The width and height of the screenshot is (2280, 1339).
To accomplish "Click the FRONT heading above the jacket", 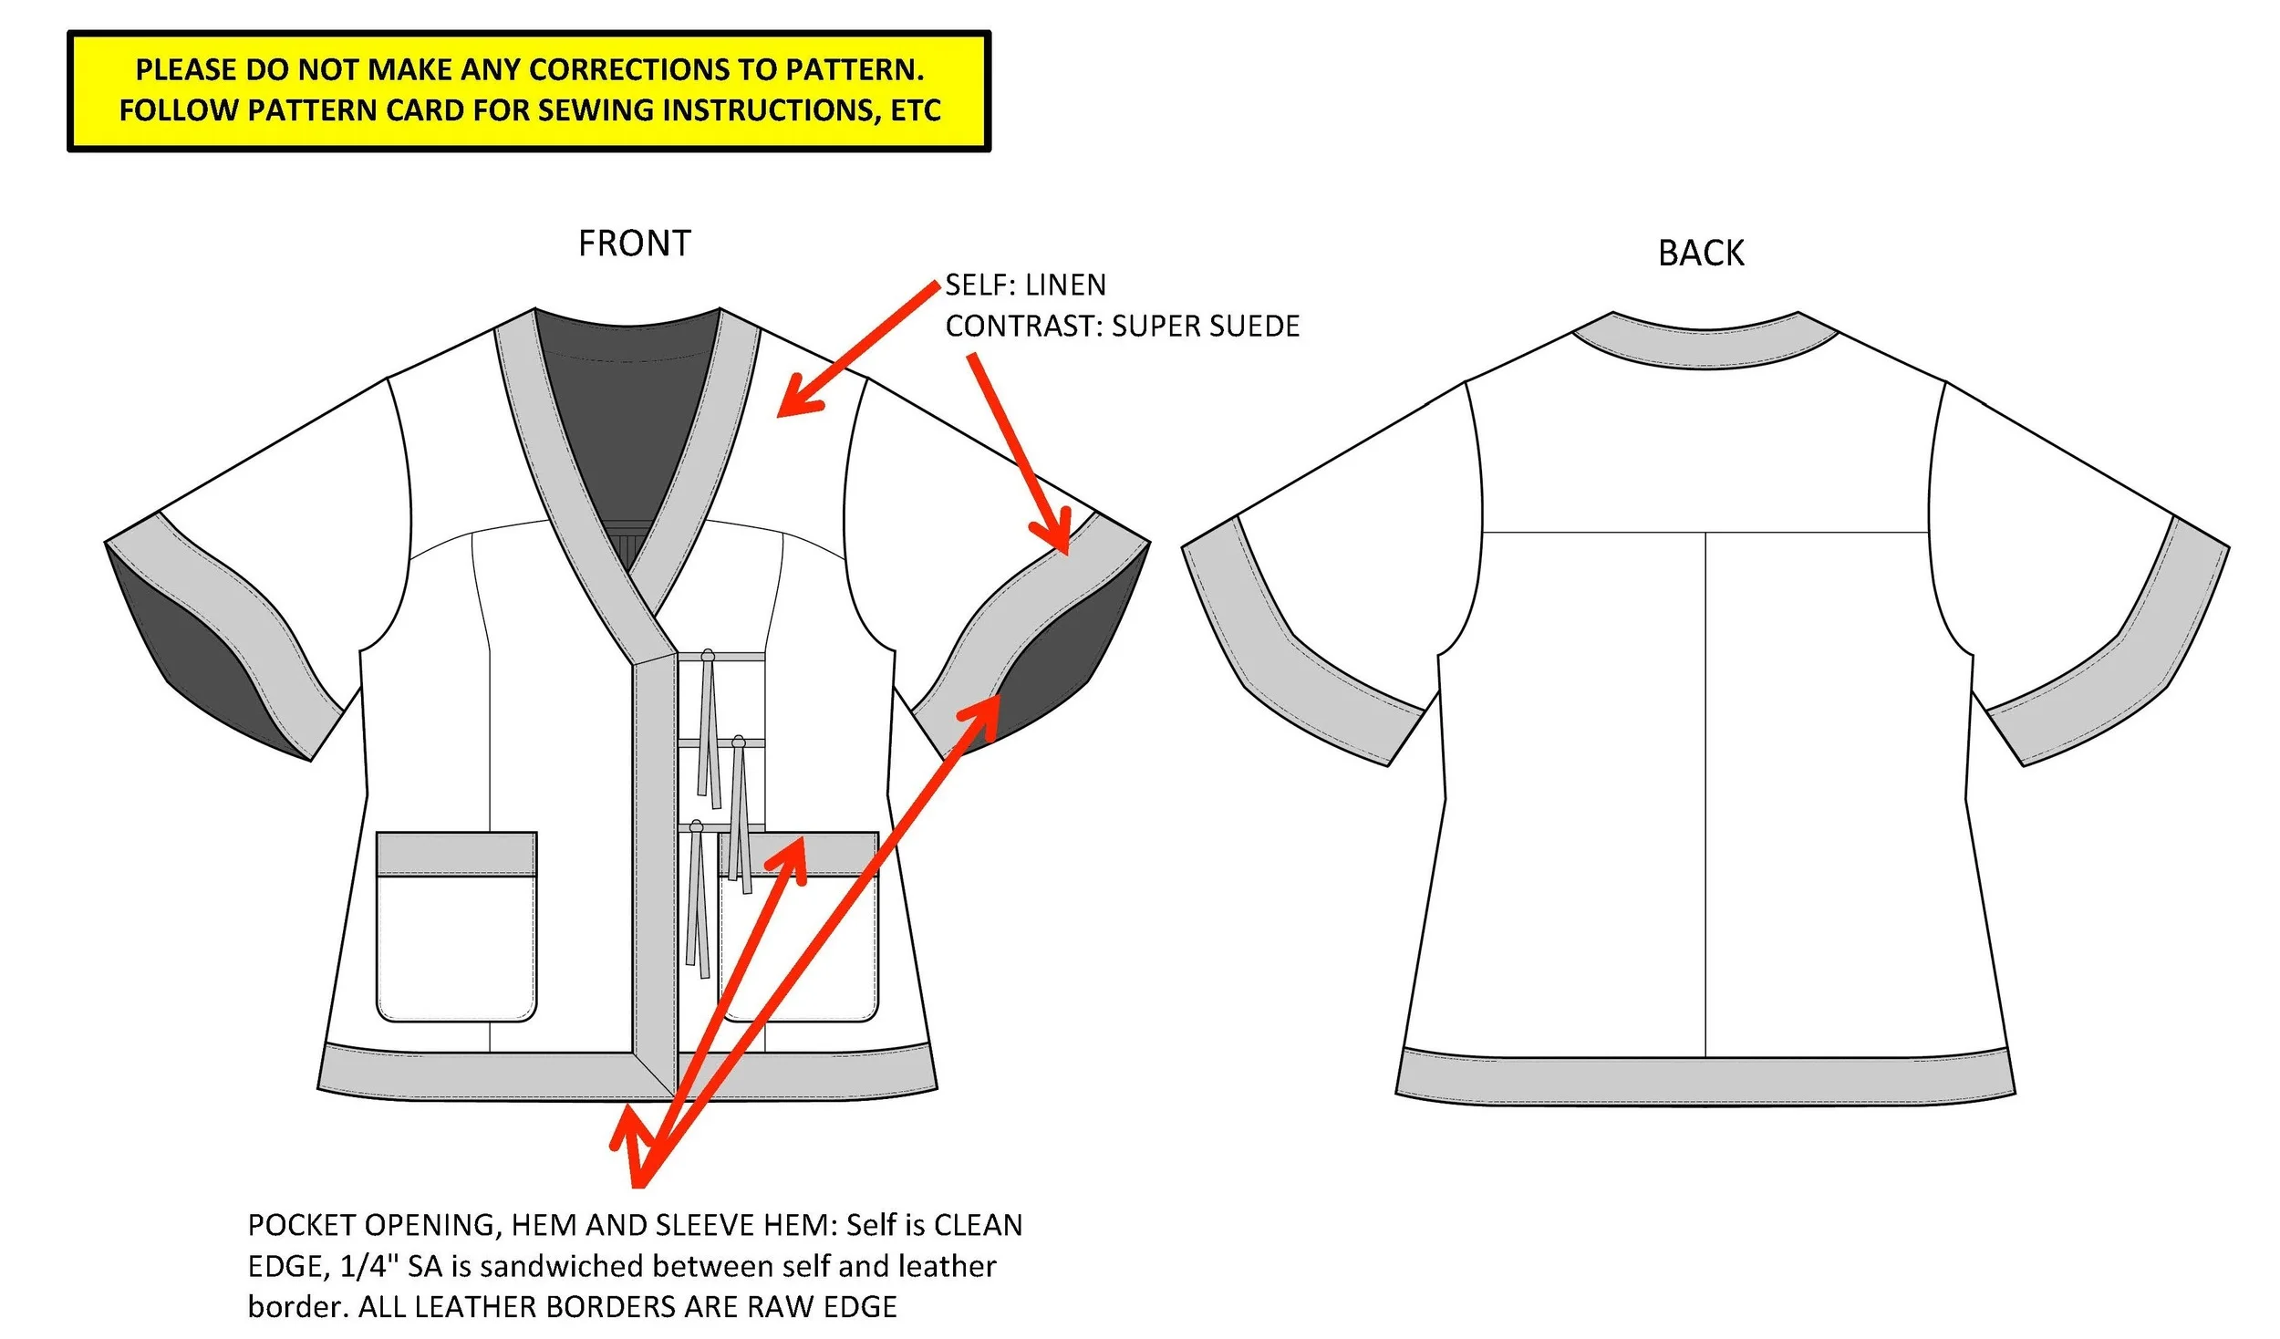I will (x=635, y=244).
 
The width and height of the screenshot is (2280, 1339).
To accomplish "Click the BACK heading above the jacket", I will (x=1700, y=253).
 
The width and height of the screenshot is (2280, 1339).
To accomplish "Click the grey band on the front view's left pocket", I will (x=456, y=855).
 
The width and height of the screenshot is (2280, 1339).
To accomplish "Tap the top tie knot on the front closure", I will (x=708, y=655).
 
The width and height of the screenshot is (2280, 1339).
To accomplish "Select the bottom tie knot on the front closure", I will (x=696, y=826).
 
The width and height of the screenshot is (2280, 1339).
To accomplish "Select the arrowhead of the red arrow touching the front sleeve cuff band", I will (x=1056, y=540).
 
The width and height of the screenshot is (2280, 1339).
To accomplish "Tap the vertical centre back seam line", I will (x=1705, y=794).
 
